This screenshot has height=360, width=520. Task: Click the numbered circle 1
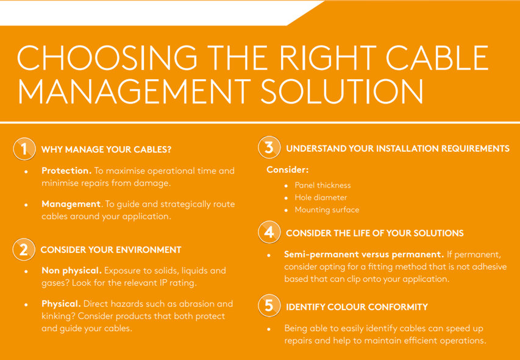click(x=24, y=149)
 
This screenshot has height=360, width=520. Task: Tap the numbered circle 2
click(x=24, y=250)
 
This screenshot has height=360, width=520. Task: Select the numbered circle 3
click(x=269, y=147)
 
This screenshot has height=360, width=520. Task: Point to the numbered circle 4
click(x=269, y=232)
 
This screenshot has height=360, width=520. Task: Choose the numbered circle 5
click(x=269, y=306)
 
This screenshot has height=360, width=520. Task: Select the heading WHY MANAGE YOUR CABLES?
click(x=106, y=149)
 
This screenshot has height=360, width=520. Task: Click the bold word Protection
click(x=66, y=171)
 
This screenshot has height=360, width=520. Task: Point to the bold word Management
click(x=71, y=204)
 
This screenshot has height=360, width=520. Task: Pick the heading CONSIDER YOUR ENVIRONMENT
click(x=111, y=250)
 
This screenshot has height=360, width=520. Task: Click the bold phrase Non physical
click(x=72, y=270)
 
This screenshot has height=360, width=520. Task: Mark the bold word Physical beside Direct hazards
click(x=62, y=303)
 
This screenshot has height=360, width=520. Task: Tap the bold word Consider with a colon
click(x=288, y=170)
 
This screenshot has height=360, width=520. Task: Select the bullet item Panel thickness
click(x=322, y=185)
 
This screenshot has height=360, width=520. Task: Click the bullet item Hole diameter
click(x=321, y=197)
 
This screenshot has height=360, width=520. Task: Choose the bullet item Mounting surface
click(x=327, y=210)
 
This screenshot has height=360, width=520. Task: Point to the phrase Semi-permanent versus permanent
click(x=364, y=255)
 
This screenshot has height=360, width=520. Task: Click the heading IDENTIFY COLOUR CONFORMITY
click(x=357, y=307)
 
